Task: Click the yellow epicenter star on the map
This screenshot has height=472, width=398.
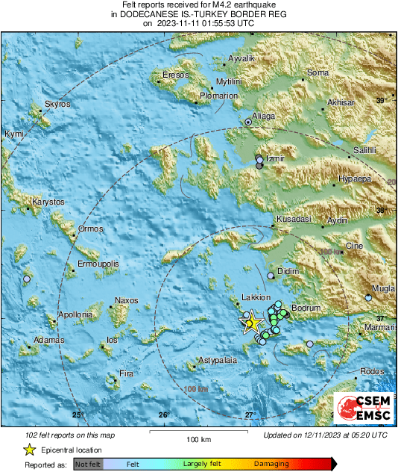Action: (252, 322)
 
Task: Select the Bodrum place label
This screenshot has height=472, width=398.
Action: (305, 308)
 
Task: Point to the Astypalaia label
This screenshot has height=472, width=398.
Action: (217, 361)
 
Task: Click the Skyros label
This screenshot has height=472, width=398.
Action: (57, 104)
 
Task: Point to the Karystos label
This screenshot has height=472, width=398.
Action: (48, 202)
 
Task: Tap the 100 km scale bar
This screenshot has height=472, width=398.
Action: (198, 432)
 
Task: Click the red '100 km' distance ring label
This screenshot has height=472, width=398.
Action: (195, 389)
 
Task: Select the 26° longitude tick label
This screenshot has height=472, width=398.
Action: (164, 414)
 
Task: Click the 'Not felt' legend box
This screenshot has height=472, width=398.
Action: (88, 465)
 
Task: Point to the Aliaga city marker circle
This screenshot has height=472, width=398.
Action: (249, 120)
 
